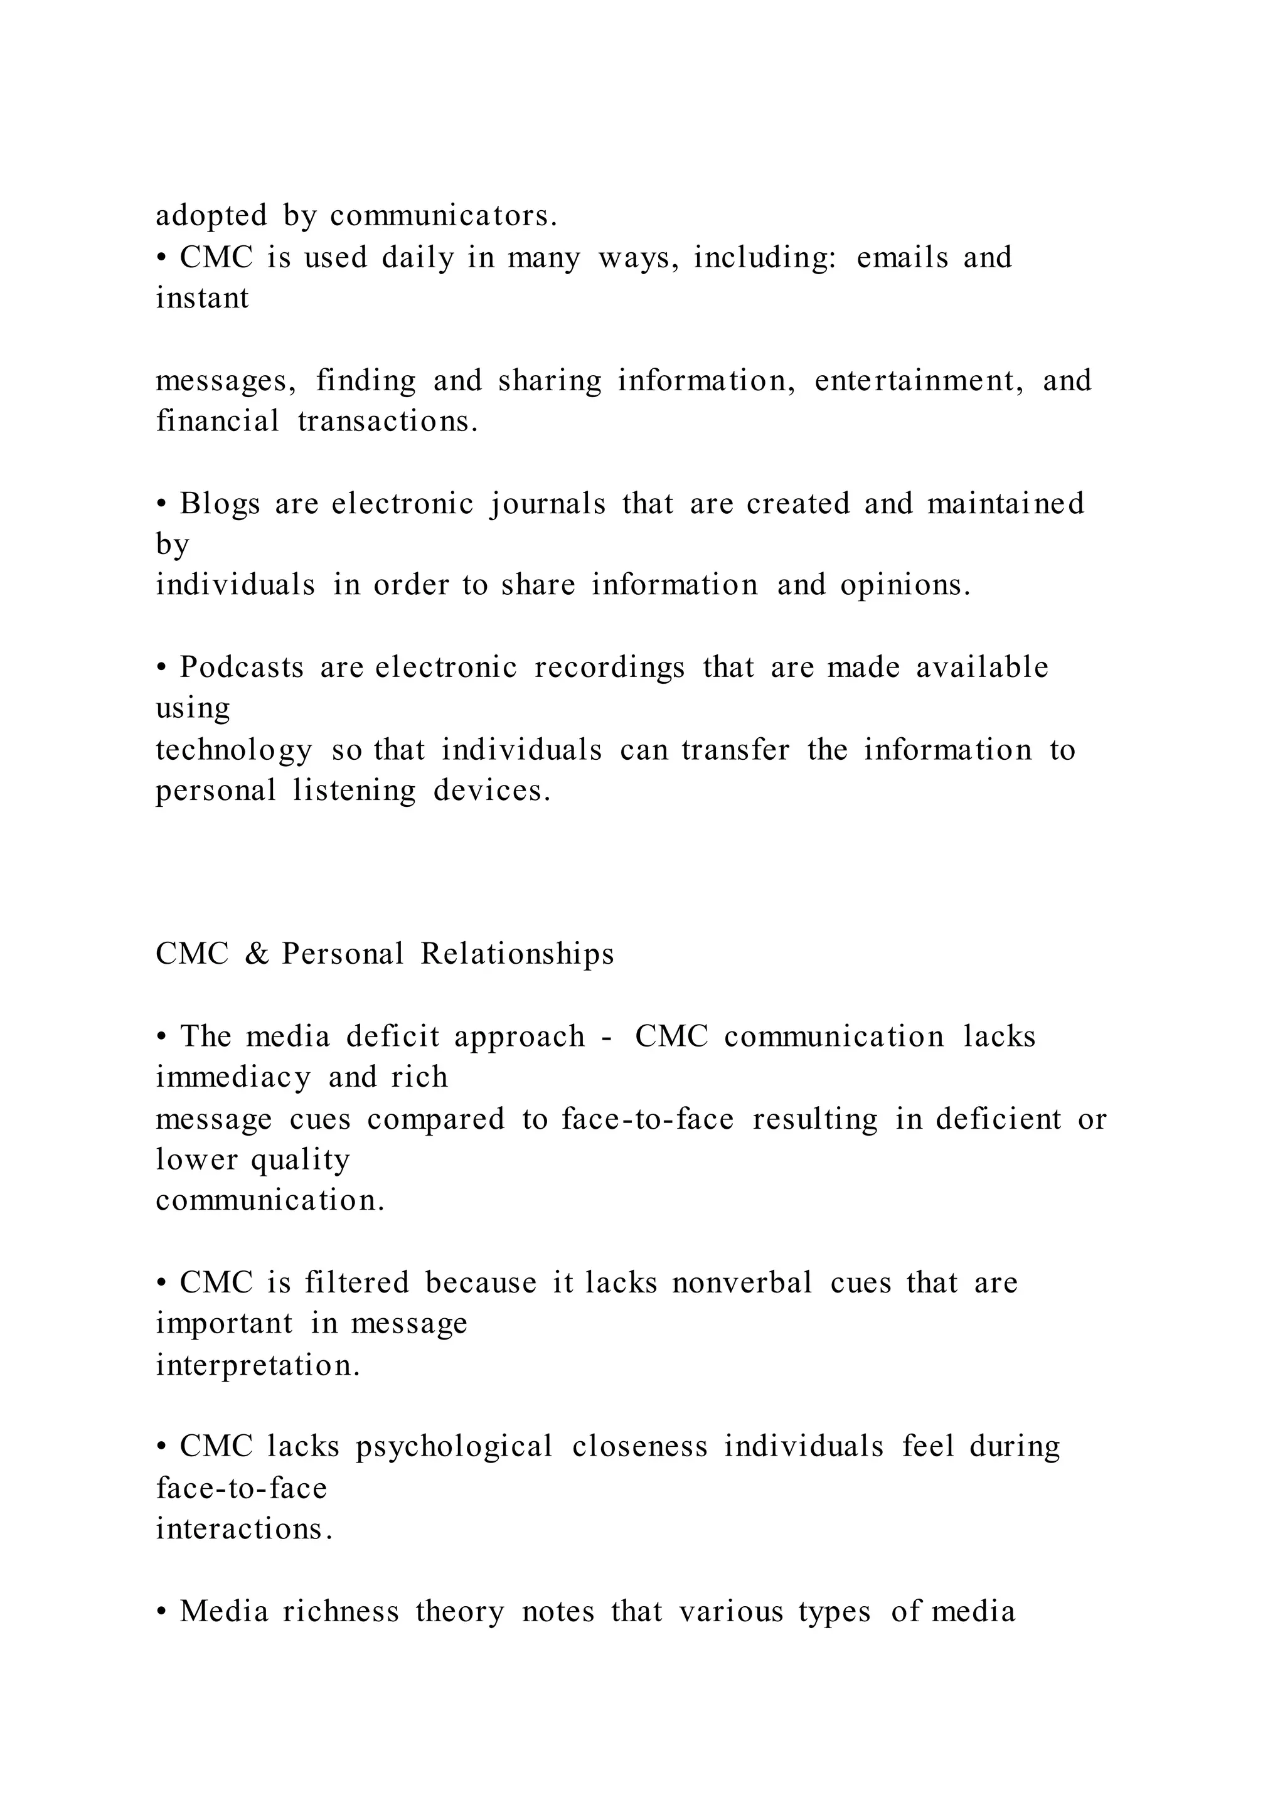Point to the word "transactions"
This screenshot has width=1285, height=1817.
tap(388, 421)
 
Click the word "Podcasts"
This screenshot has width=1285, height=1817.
tap(242, 668)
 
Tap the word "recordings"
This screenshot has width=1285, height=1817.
tap(609, 668)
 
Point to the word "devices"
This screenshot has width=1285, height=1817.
tap(491, 791)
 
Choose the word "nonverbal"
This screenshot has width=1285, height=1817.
tap(742, 1283)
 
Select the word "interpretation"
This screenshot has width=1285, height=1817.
tap(258, 1365)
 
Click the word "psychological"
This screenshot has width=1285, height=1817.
tap(454, 1447)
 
